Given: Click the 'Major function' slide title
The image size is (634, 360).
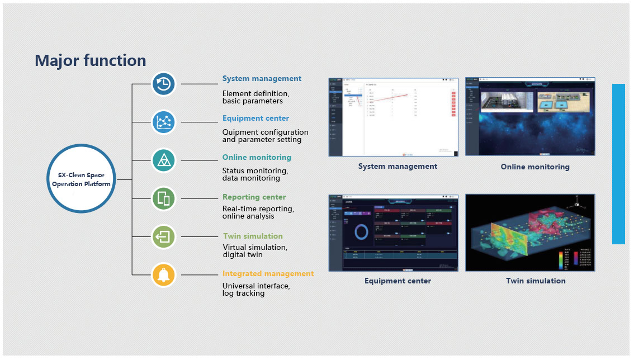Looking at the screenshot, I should click(91, 60).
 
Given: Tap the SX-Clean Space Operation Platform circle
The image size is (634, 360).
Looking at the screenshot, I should click(82, 179).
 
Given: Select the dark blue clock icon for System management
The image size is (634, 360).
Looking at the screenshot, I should click(164, 84).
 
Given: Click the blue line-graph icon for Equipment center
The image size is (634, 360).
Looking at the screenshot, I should click(164, 121).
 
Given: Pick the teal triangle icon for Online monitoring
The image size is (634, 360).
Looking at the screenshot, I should click(164, 160).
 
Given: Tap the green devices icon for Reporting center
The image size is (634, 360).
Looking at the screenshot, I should click(164, 198).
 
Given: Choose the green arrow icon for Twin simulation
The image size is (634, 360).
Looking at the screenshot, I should click(164, 236).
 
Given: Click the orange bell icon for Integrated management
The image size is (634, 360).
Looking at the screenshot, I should click(164, 274).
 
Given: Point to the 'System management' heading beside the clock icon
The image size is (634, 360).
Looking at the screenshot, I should click(262, 79).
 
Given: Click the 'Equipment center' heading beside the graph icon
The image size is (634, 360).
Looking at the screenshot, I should click(256, 119).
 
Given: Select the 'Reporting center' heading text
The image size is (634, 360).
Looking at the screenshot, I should click(254, 197).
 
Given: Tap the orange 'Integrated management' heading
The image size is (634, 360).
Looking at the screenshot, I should click(268, 274).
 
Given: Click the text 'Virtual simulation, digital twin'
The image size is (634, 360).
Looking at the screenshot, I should click(255, 251).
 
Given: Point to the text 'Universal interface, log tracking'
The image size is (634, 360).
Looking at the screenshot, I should click(256, 290).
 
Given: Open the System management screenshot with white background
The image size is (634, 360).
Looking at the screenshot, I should click(393, 117).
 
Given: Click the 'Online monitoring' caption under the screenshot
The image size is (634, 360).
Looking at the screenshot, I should click(535, 167).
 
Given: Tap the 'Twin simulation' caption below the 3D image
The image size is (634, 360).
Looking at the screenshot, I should click(536, 281).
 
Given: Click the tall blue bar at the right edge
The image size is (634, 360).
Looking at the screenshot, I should click(618, 164).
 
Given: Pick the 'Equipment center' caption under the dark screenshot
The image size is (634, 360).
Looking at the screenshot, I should click(398, 281).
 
